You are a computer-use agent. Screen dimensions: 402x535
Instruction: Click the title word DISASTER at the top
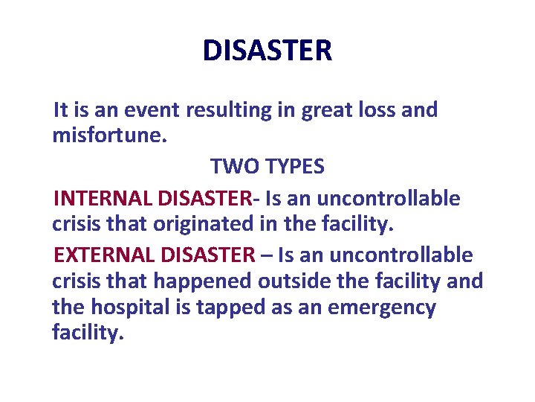(x=267, y=51)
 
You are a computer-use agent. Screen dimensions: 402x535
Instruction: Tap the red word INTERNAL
(x=102, y=199)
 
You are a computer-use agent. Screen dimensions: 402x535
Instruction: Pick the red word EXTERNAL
(x=103, y=255)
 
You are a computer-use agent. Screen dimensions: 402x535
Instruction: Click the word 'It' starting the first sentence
(x=61, y=111)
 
